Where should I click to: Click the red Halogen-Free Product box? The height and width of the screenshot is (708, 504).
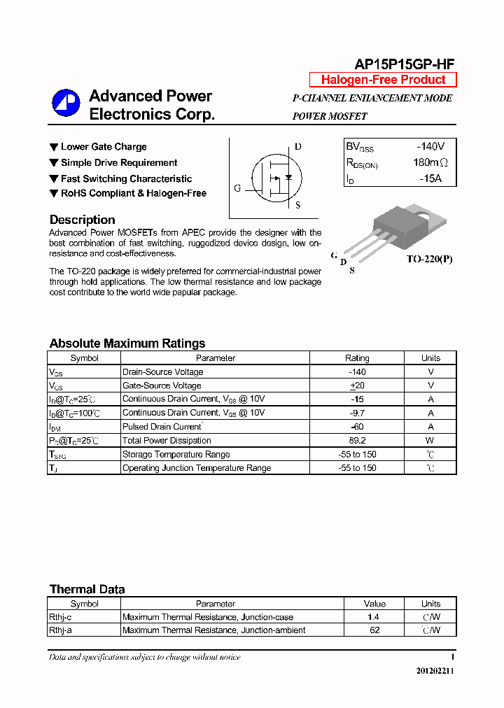coord(383,80)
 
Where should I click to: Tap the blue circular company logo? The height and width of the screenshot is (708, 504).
coord(66,104)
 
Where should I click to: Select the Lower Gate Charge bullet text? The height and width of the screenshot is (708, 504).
coord(104,147)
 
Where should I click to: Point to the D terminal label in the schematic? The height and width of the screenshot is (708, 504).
coord(297,147)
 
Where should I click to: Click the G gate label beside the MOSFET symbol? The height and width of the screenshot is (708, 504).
coord(237,188)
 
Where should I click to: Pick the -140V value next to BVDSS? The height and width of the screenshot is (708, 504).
coord(430,147)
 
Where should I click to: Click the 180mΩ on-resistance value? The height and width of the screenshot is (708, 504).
coord(430,163)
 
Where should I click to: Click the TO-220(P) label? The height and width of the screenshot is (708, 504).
coord(429,259)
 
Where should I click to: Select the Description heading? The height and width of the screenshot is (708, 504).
coord(82,220)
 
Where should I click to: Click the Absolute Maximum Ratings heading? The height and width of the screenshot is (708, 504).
coord(127,344)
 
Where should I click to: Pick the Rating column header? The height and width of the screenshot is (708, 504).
coord(357,358)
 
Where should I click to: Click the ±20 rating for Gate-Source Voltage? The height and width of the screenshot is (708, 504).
coord(357,385)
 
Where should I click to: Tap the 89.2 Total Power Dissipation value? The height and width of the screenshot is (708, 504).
coord(357,441)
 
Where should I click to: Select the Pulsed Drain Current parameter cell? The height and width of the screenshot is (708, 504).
coord(162,427)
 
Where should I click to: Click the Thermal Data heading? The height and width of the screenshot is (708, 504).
coord(87,589)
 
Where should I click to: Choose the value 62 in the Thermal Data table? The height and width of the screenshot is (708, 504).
coord(374,630)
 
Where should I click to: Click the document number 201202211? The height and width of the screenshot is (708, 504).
coord(434,671)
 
